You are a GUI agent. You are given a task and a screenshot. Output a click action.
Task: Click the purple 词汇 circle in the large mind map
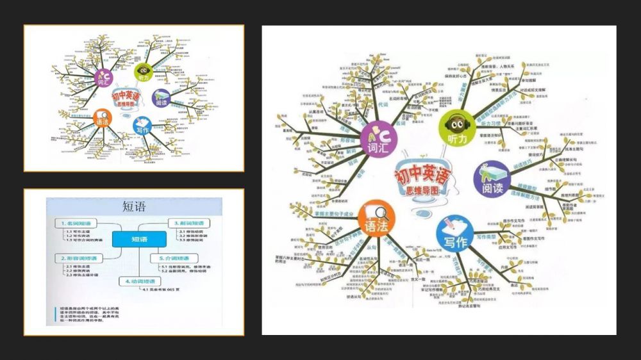(x=378, y=140)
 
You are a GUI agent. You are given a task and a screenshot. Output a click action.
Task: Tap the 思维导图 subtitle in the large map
(x=424, y=190)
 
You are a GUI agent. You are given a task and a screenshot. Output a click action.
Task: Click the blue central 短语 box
(x=139, y=240)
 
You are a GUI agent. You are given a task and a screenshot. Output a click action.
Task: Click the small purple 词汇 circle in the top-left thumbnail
(x=103, y=79)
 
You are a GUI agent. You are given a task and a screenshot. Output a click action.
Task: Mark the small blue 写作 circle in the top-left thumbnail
(x=142, y=127)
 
